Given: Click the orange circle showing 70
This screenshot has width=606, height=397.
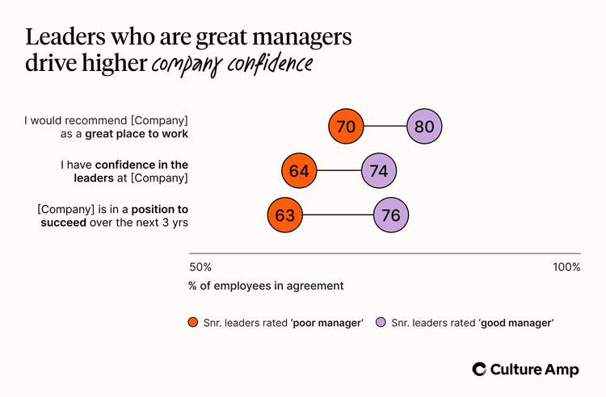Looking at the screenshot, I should pos(347,127).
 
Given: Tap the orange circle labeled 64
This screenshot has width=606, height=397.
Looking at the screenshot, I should pos(300,171).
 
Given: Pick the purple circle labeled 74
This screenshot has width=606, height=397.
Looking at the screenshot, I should pos(379,171).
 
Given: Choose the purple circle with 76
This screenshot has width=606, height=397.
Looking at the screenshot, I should pos(392,215).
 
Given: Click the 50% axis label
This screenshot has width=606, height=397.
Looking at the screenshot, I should pos(200,267).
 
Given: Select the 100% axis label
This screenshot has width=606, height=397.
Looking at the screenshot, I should pos(566,267).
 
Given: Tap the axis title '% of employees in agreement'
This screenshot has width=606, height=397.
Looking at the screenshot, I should pos(266,286).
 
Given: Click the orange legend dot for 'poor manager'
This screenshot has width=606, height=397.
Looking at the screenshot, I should pos(193,323).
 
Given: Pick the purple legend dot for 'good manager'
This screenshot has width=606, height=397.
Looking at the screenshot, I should pos(381,323).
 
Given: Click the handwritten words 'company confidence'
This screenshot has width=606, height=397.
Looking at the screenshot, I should pos(230,65).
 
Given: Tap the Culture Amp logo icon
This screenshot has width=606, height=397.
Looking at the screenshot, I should pos(480,369).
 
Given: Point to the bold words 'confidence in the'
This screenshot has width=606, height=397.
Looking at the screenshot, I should pos(147,165).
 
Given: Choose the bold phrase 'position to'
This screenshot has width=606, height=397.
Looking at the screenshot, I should pos(154,208).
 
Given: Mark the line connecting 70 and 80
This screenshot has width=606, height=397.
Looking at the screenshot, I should pos(386,127).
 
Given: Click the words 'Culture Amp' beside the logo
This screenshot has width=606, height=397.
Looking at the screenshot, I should pos(535,369).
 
